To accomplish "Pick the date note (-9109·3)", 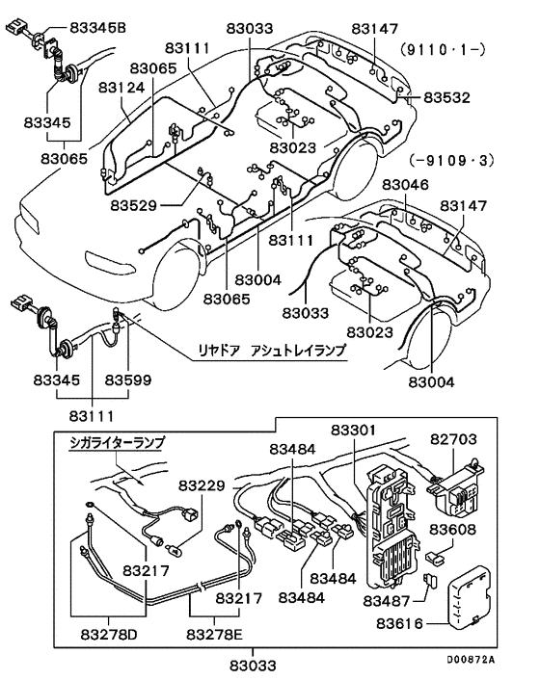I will pyautogui.click(x=450, y=163).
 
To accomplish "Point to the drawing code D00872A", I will pyautogui.click(x=471, y=660).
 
